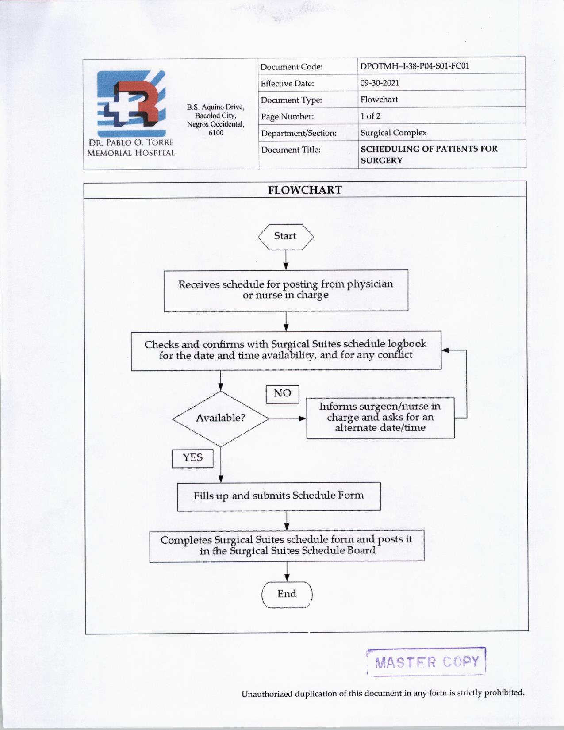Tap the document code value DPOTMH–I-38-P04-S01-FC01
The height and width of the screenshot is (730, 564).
(414, 66)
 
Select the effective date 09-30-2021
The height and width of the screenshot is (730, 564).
(380, 83)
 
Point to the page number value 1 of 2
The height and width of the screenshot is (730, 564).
(370, 116)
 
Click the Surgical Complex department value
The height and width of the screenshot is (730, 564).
(393, 133)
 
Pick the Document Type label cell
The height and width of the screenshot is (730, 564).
(291, 100)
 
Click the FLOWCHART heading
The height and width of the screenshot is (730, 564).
(305, 190)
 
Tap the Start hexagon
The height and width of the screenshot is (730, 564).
(285, 237)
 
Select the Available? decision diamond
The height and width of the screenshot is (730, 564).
(220, 418)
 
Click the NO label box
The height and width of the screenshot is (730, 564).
(282, 393)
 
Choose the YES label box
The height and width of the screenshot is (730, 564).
(192, 458)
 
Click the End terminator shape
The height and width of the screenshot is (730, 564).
(287, 594)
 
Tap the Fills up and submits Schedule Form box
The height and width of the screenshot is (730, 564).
(279, 496)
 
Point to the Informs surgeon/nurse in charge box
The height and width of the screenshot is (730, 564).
(380, 417)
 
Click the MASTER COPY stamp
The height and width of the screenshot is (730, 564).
(426, 662)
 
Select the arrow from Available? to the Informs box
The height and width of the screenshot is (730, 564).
(287, 418)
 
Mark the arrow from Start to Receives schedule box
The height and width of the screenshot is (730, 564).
(286, 260)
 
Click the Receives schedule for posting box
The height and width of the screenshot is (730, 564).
(286, 290)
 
